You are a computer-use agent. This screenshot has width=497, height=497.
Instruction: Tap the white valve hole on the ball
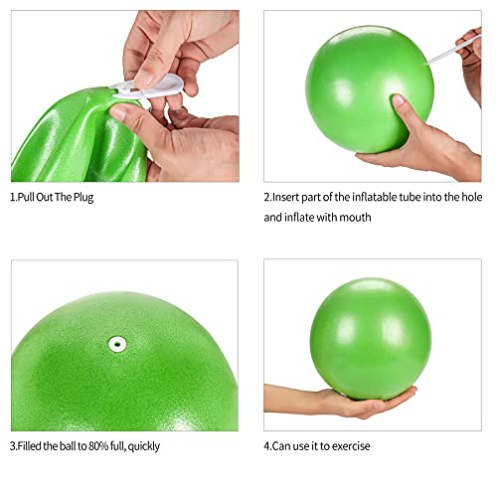(x=117, y=344)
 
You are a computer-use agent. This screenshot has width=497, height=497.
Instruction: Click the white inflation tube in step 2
(x=454, y=50)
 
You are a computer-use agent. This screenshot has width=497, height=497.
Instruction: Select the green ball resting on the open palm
(x=371, y=339)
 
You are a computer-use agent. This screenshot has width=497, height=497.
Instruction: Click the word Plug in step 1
(x=83, y=198)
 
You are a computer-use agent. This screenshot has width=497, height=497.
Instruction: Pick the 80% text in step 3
(x=98, y=446)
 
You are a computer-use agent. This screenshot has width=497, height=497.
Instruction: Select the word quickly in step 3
(x=144, y=446)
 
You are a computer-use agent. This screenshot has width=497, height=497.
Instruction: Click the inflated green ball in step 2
(x=370, y=89)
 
